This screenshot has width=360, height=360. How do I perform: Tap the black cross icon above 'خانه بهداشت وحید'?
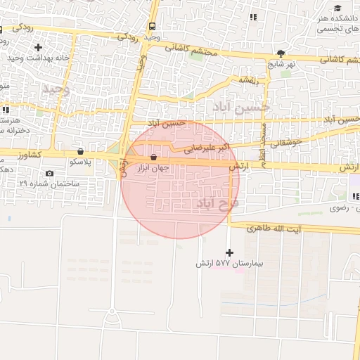(38, 47)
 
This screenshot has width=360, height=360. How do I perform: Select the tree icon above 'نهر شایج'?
(281, 53)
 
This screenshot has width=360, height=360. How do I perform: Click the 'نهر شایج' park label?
(282, 63)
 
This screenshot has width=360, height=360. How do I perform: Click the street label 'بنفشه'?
(250, 80)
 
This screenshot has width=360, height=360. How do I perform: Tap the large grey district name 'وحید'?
(56, 89)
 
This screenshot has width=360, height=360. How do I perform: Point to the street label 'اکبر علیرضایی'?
(207, 148)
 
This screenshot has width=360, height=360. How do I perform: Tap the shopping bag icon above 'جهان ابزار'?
(153, 157)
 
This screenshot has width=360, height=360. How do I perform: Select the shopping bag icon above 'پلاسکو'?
(80, 151)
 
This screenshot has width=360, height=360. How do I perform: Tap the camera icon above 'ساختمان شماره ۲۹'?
(49, 173)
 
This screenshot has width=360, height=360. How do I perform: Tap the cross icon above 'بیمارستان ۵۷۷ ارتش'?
(229, 252)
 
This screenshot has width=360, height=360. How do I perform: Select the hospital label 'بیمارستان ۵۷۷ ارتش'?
(229, 264)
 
